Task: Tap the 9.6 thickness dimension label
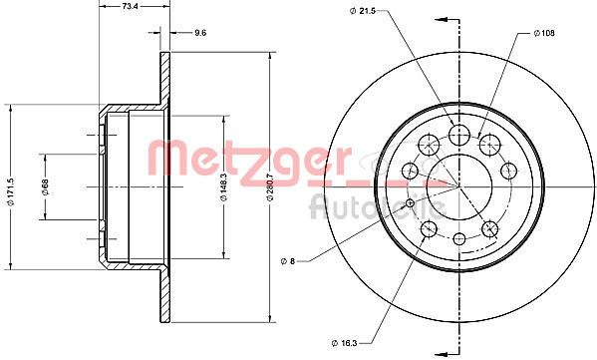(199, 33)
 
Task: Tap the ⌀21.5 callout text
(363, 11)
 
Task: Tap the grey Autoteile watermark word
(374, 207)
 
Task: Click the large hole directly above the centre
(458, 135)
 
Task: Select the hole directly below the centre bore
(458, 238)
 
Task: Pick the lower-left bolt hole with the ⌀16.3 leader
(430, 229)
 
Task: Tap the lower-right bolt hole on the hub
(489, 229)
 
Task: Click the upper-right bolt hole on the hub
(489, 144)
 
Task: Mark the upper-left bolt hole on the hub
(429, 144)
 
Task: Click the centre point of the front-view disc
(458, 186)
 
